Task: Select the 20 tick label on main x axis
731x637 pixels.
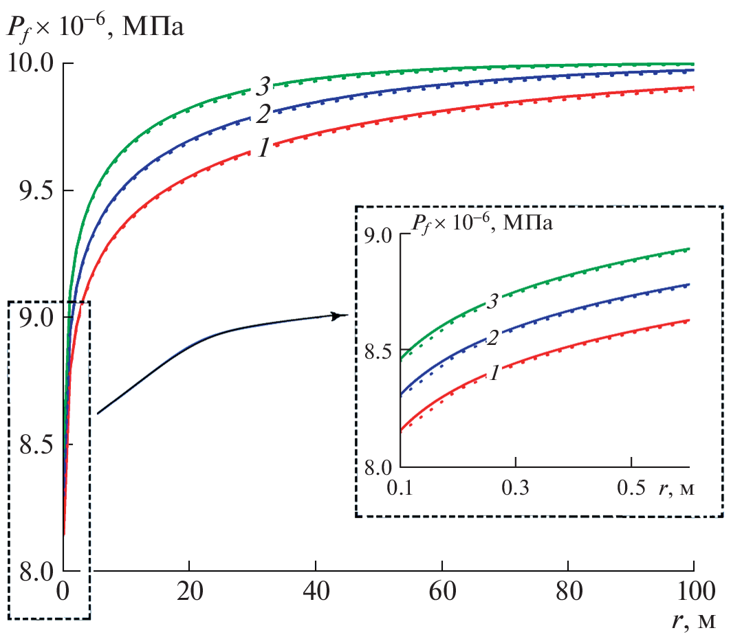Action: pyautogui.click(x=188, y=592)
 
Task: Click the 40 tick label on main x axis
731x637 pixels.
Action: pyautogui.click(x=315, y=592)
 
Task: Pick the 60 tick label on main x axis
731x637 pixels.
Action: pyautogui.click(x=441, y=592)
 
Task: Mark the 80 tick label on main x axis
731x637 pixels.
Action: pyautogui.click(x=568, y=592)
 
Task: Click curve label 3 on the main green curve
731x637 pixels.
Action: pyautogui.click(x=263, y=87)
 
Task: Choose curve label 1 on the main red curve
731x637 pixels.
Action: pyautogui.click(x=263, y=148)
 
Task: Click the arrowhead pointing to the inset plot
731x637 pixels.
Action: pyautogui.click(x=340, y=315)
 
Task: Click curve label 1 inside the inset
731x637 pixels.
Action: pyautogui.click(x=492, y=374)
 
